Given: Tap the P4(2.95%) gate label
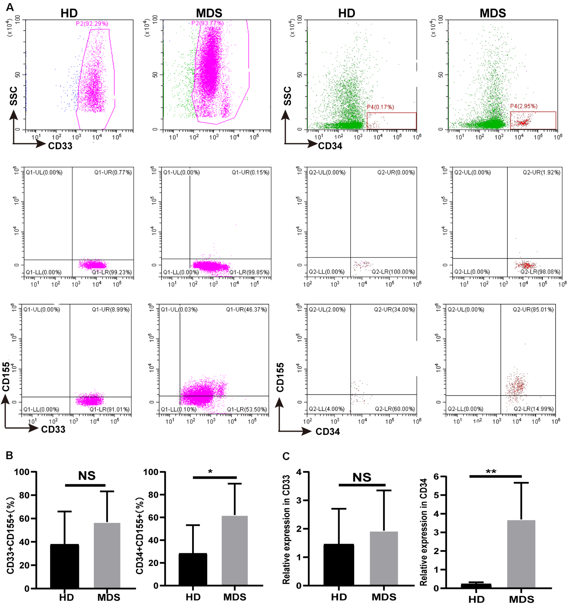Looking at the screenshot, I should (x=523, y=106).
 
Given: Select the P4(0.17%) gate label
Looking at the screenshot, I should (x=380, y=107).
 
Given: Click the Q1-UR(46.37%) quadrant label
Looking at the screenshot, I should (x=246, y=309).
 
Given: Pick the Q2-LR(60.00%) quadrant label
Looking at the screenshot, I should (x=394, y=409).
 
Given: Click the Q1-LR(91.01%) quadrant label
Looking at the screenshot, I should (x=109, y=410).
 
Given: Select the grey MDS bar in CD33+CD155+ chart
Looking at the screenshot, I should (x=107, y=555).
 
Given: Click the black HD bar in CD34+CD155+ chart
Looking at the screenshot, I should (x=193, y=569).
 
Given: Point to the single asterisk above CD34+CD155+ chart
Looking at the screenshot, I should (x=210, y=472).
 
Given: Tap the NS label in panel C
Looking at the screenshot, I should (x=362, y=477).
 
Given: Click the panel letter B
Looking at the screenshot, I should (x=9, y=455).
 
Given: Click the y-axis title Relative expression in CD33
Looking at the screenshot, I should (x=286, y=529).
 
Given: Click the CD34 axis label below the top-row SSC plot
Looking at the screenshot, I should (x=330, y=146).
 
